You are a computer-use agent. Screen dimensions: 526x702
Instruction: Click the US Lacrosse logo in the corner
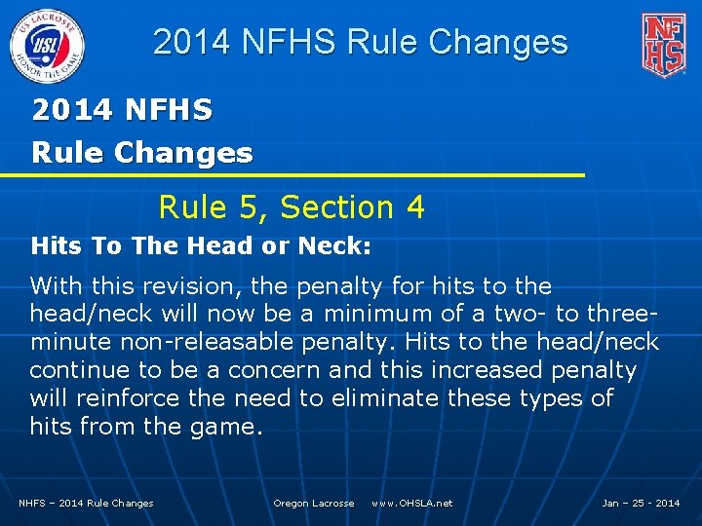(x=47, y=44)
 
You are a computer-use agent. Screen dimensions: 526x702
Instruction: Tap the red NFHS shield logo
(x=663, y=44)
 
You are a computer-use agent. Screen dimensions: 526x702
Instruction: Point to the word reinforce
(x=115, y=398)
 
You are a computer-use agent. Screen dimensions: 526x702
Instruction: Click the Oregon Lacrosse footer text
(x=313, y=503)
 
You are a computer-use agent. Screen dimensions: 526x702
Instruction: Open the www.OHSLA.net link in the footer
(x=411, y=503)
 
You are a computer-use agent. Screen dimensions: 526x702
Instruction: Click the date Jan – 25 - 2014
(x=641, y=503)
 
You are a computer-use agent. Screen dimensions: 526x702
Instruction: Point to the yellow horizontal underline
(x=292, y=175)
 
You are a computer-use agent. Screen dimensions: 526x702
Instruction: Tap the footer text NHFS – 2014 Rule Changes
(x=86, y=503)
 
